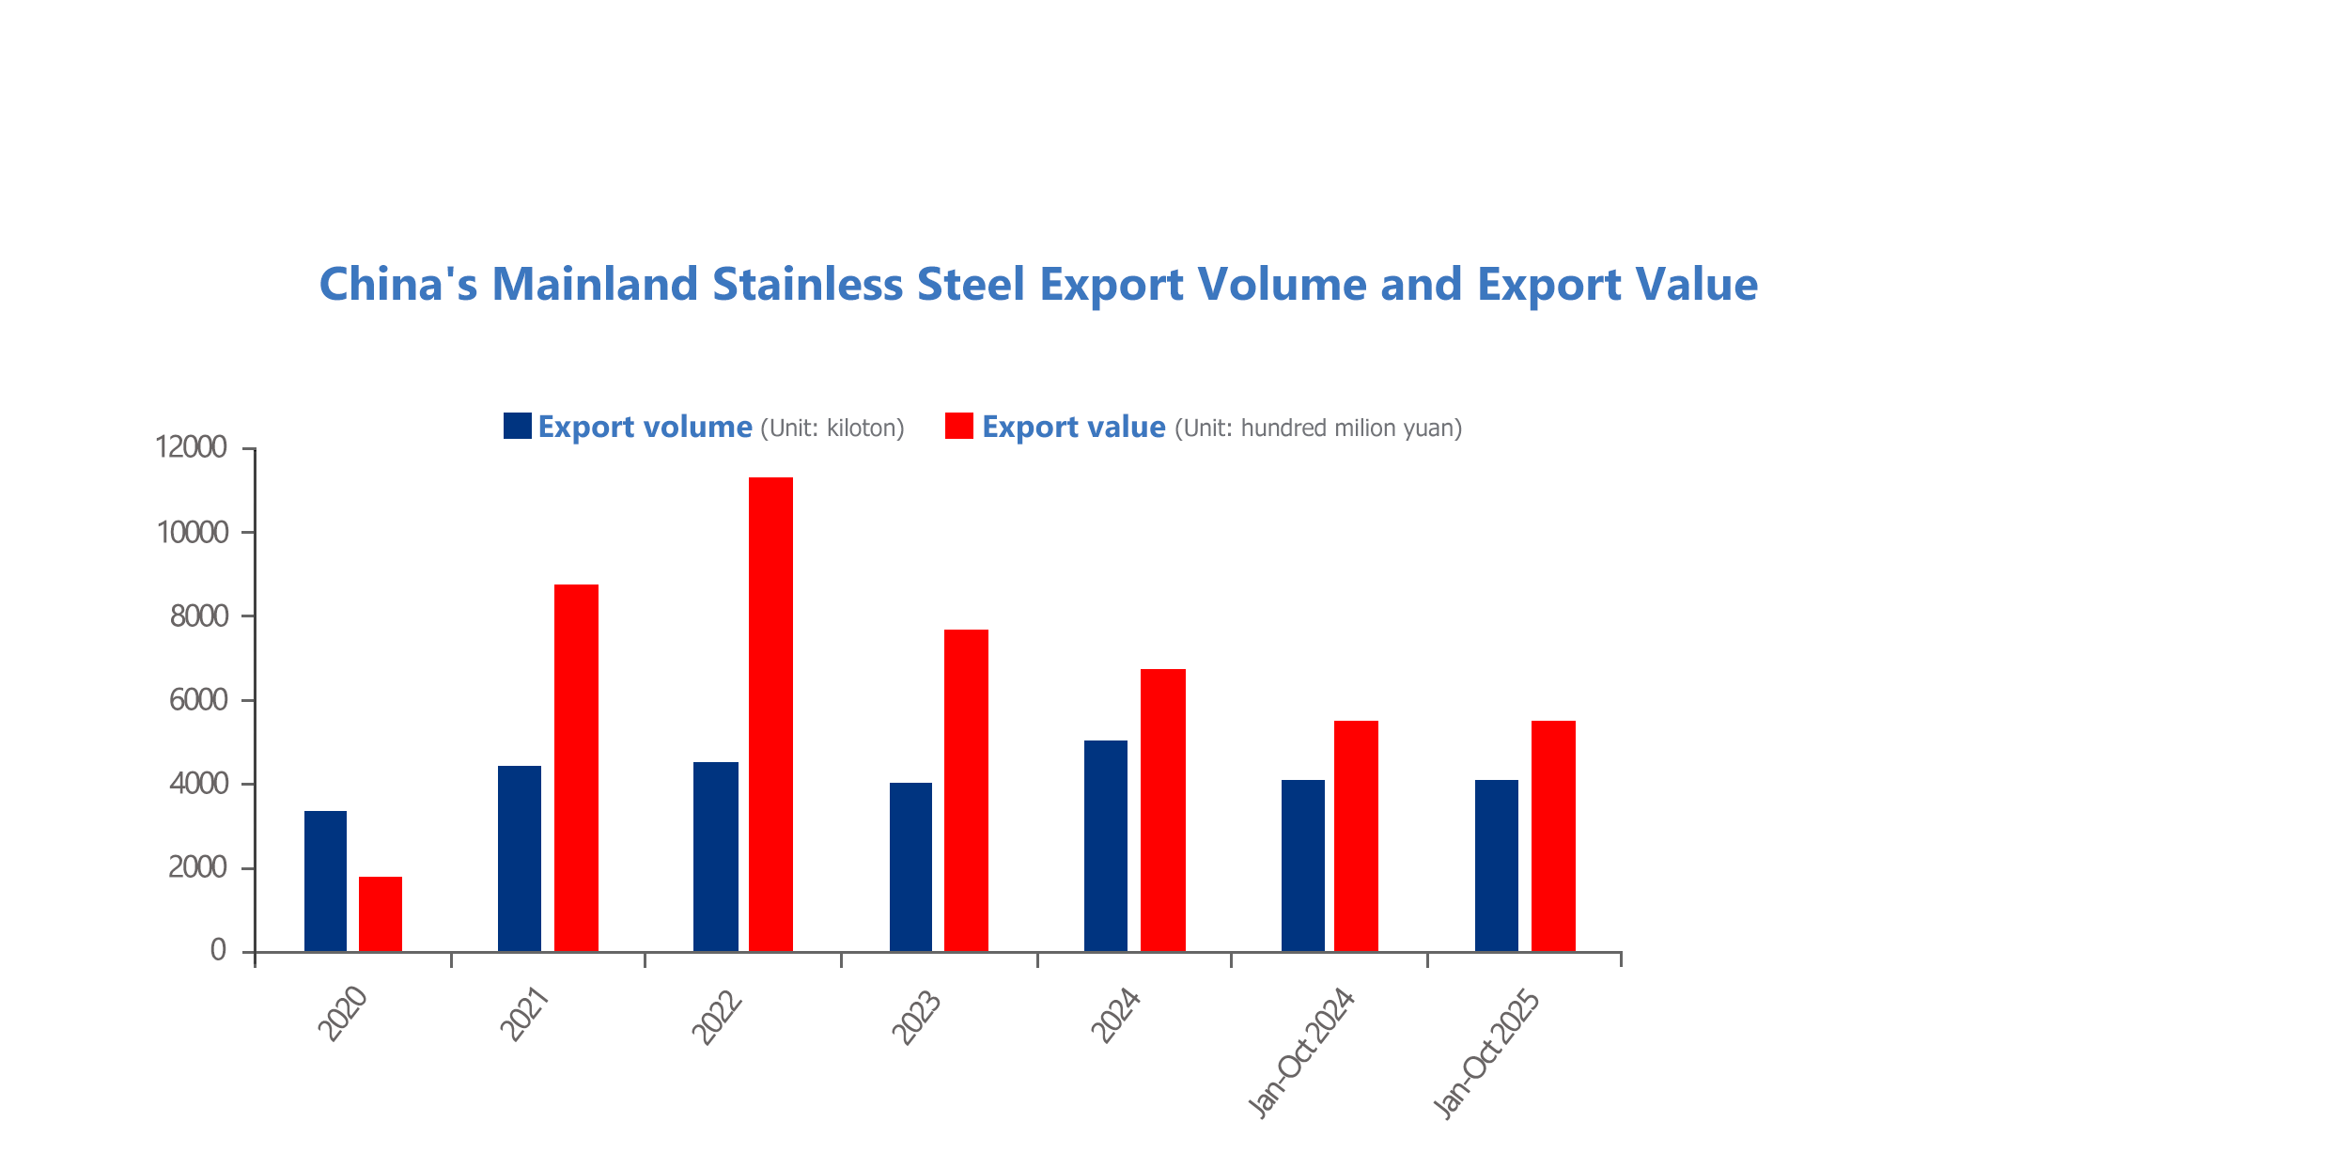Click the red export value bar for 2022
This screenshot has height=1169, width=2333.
(x=770, y=714)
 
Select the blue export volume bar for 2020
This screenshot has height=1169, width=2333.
(x=325, y=881)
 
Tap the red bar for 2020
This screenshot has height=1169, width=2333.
(x=381, y=913)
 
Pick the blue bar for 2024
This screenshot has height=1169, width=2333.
(x=1106, y=846)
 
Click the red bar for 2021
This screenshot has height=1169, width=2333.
(x=576, y=768)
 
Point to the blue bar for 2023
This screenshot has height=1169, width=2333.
(x=910, y=866)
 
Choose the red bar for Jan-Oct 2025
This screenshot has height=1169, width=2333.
(x=1553, y=836)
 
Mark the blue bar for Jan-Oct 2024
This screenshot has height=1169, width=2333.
(x=1302, y=865)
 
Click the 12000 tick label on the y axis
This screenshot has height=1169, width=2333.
(x=192, y=447)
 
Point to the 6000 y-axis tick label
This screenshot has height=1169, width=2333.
(x=198, y=700)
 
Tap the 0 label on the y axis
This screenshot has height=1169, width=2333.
(x=218, y=951)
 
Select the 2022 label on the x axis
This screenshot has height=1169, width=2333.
(x=718, y=1017)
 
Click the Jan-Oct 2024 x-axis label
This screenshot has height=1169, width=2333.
(x=1302, y=1052)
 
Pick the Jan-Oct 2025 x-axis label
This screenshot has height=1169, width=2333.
(x=1487, y=1052)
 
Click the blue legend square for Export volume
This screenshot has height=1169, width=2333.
(x=517, y=426)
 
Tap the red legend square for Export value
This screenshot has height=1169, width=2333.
(x=958, y=426)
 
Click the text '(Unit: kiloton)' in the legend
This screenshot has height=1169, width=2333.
(x=832, y=429)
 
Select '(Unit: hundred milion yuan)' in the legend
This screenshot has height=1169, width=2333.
(x=1318, y=429)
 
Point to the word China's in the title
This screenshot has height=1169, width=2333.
(x=398, y=284)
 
